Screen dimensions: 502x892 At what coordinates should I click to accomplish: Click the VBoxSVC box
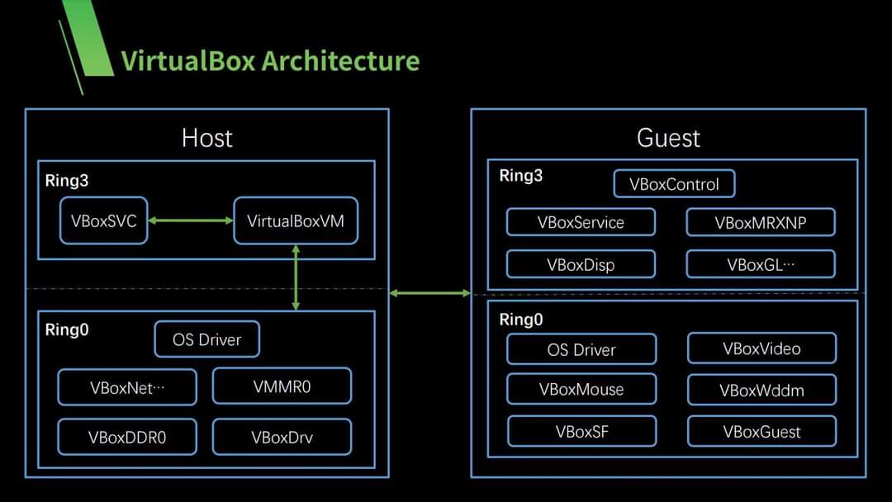[x=104, y=220]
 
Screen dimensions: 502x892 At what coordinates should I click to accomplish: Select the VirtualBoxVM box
[x=296, y=220]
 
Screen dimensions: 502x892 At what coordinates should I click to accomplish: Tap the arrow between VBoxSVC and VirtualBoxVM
[x=191, y=220]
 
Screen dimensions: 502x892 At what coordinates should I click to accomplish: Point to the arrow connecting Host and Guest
[x=429, y=292]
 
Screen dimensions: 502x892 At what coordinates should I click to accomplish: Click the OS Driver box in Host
[x=207, y=339]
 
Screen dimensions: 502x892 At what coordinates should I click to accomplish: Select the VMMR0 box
[x=282, y=386]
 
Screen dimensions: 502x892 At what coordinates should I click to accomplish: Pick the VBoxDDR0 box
[x=127, y=437]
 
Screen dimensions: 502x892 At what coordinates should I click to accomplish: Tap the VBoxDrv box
[x=282, y=437]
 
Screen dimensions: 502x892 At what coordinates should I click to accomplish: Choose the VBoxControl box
[x=674, y=184]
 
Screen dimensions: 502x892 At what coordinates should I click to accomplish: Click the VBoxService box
[x=581, y=222]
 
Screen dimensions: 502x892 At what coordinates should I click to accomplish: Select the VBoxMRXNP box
[x=761, y=222]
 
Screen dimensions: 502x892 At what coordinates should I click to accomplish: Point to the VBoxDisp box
[x=581, y=264]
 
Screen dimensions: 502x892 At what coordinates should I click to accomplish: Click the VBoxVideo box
[x=762, y=348]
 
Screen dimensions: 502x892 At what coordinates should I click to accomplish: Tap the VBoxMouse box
[x=581, y=389]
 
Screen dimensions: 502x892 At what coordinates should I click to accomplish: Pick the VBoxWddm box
[x=762, y=390]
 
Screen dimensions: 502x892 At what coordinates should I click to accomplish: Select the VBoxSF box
[x=581, y=431]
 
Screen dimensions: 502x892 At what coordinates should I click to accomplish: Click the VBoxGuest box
[x=762, y=431]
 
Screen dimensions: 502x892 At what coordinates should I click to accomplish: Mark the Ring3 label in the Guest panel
[x=521, y=176]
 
